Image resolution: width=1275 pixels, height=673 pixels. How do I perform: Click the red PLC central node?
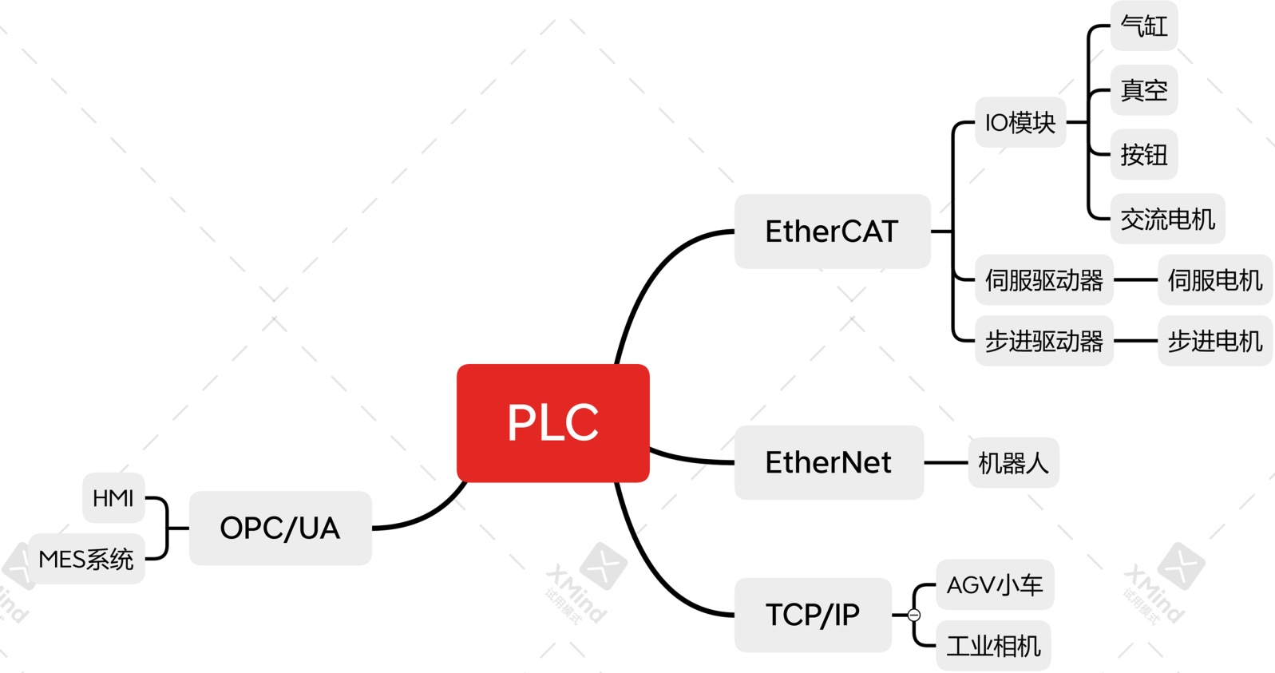click(552, 422)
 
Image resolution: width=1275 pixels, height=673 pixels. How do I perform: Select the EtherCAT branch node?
click(832, 232)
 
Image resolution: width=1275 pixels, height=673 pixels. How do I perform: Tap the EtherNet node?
click(828, 462)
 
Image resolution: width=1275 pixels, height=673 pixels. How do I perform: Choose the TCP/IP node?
click(812, 615)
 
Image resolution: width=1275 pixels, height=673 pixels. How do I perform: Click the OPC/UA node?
click(279, 528)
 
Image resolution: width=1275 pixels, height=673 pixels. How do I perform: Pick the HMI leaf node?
click(113, 498)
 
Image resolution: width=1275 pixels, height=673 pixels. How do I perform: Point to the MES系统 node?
click(86, 559)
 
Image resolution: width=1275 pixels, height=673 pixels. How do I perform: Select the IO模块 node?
click(1020, 122)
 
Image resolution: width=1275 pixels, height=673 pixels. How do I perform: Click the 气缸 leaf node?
click(1143, 26)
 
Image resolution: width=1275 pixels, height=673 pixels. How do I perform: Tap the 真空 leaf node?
click(1143, 90)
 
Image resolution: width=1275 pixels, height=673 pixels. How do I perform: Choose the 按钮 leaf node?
click(1143, 154)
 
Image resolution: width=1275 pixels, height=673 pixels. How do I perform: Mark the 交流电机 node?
click(1167, 219)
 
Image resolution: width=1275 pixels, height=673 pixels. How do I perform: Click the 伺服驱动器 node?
click(1043, 280)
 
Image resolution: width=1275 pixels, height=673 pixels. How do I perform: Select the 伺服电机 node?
click(1214, 280)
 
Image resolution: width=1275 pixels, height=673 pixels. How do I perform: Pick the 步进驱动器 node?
click(1043, 341)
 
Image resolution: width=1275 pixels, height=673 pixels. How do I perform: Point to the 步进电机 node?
click(1214, 341)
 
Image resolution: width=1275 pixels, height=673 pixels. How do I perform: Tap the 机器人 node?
click(1012, 462)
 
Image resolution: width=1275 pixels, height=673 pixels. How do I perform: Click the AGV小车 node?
click(994, 584)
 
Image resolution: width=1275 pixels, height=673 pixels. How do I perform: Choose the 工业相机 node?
click(993, 645)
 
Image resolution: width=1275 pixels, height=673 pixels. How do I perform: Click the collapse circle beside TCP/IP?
click(914, 615)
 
